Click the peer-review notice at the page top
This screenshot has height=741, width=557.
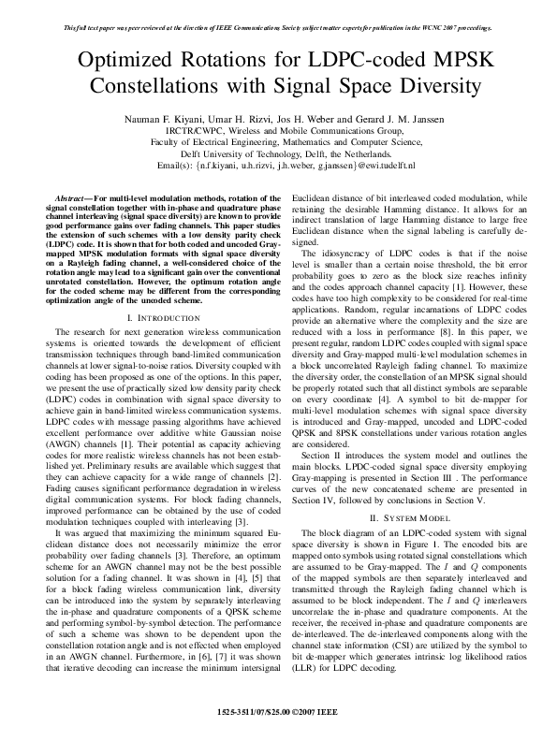coord(278,28)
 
